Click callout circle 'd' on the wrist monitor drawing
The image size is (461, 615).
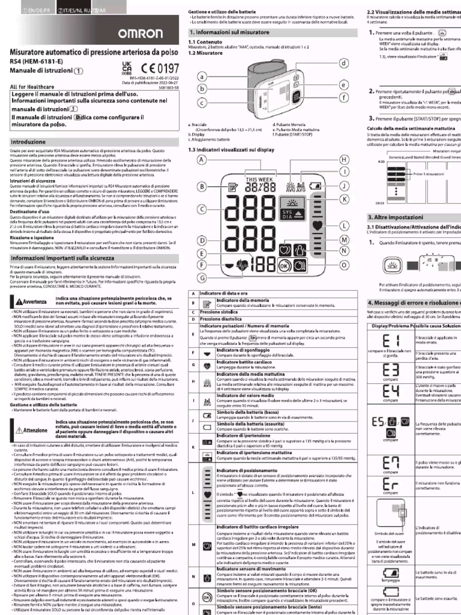click(344, 63)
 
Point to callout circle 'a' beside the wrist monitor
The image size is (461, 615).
click(202, 77)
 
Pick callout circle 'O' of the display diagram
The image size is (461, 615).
click(345, 264)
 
